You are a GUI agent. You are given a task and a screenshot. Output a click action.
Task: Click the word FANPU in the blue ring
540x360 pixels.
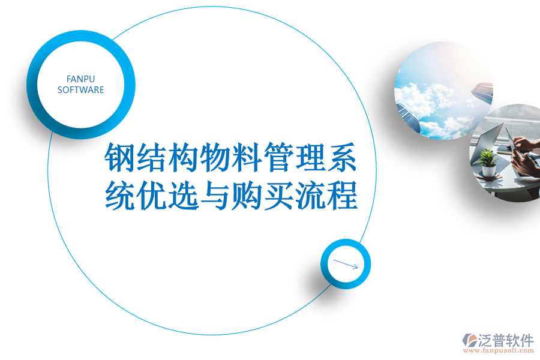(x=80, y=79)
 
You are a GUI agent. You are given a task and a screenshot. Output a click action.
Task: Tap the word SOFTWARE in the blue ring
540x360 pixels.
(x=80, y=90)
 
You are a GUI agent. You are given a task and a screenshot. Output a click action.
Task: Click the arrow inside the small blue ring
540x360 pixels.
(x=346, y=264)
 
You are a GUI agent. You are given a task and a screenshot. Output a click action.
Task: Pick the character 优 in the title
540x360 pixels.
(x=151, y=196)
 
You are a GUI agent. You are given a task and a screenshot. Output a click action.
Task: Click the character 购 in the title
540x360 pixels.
(x=246, y=196)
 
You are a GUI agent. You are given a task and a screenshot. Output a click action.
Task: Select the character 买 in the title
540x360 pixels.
(x=278, y=196)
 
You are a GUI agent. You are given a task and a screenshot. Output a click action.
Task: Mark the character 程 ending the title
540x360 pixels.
(x=341, y=196)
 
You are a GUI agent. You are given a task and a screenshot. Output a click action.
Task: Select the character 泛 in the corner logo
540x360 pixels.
(x=487, y=340)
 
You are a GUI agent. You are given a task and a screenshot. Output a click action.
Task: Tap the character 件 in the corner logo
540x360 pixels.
(x=526, y=340)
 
